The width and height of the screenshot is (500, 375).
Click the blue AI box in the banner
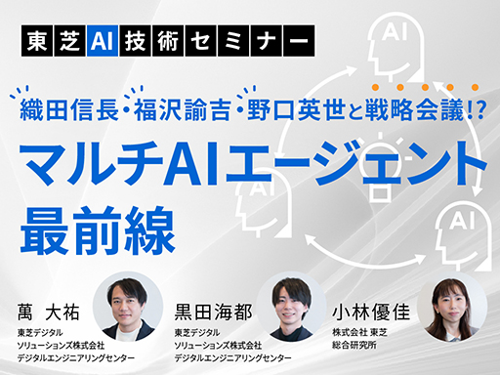point(102,40)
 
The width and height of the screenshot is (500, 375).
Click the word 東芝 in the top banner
point(58,40)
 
